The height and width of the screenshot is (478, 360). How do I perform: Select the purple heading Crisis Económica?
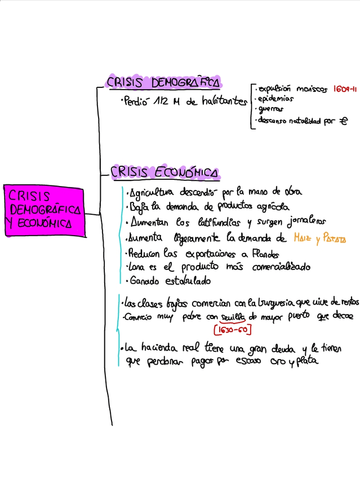[x=165, y=172]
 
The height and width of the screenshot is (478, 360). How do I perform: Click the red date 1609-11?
[x=345, y=89]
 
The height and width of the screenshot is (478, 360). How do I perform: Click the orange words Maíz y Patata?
[x=319, y=239]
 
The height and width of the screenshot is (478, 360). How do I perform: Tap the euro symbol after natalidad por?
[x=344, y=120]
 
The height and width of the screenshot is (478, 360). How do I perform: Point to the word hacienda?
[x=163, y=348]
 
